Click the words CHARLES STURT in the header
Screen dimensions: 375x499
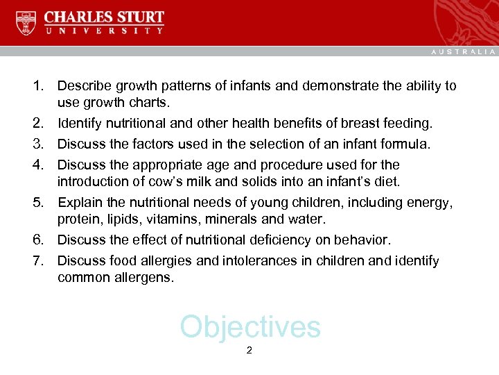point(104,17)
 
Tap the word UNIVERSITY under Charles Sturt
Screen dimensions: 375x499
point(104,31)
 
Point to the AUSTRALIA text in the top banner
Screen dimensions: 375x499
point(464,51)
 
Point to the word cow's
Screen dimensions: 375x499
point(162,182)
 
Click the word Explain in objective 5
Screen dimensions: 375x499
point(79,203)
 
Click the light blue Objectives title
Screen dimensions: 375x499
point(250,326)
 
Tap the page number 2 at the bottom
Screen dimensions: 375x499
point(249,351)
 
